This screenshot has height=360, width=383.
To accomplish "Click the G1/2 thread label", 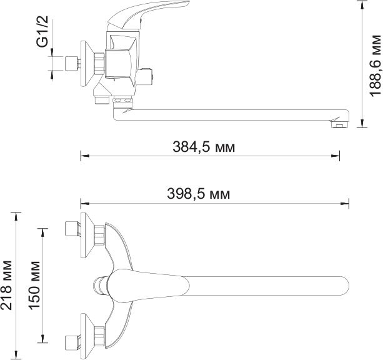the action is (42, 31).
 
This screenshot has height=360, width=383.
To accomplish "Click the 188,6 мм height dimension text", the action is (375, 66).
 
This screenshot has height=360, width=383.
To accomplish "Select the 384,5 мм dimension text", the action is (204, 147).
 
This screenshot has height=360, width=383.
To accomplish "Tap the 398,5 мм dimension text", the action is (198, 194).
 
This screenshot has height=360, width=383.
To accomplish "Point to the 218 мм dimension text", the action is (6, 286).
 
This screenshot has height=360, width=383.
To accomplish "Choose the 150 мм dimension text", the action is (34, 286).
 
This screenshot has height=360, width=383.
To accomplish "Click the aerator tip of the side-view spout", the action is (339, 124).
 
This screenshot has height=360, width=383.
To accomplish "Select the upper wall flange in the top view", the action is (87, 235).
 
